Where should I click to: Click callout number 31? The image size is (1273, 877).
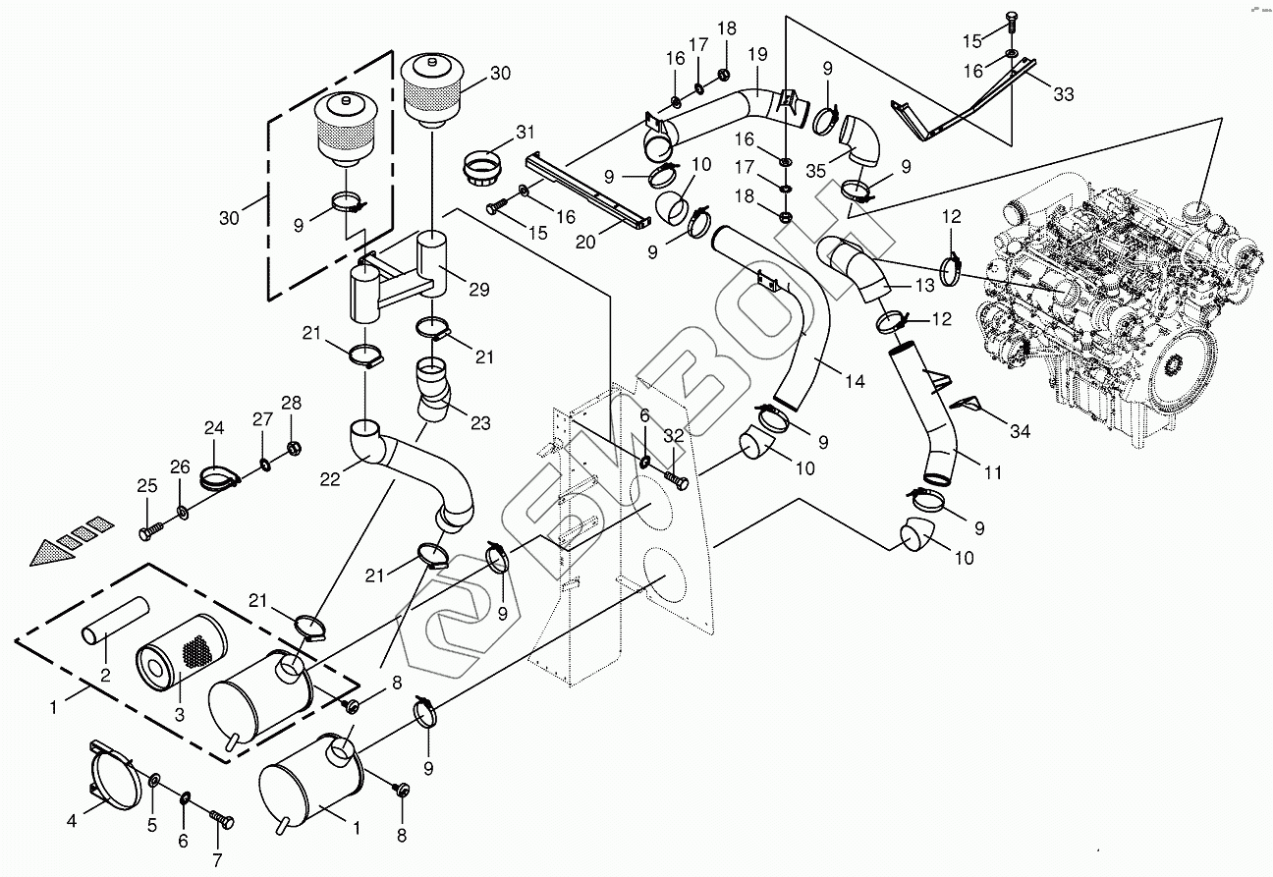[526, 133]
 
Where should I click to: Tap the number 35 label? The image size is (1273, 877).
[815, 171]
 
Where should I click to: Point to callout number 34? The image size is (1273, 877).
[1020, 431]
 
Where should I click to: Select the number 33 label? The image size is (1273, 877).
[1064, 93]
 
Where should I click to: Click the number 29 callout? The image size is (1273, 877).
[478, 290]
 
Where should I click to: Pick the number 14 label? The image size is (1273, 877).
[855, 381]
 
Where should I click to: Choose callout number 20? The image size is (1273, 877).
[585, 242]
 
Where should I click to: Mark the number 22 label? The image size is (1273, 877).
[330, 479]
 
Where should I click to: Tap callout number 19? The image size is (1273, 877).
[757, 54]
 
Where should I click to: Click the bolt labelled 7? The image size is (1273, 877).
[222, 820]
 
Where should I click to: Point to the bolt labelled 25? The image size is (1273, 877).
[150, 531]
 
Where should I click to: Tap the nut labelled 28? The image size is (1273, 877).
[294, 449]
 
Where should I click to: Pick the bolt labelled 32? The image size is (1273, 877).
[676, 477]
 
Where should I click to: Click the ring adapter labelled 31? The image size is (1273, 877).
[483, 167]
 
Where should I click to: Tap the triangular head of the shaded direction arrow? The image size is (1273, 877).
[50, 552]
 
